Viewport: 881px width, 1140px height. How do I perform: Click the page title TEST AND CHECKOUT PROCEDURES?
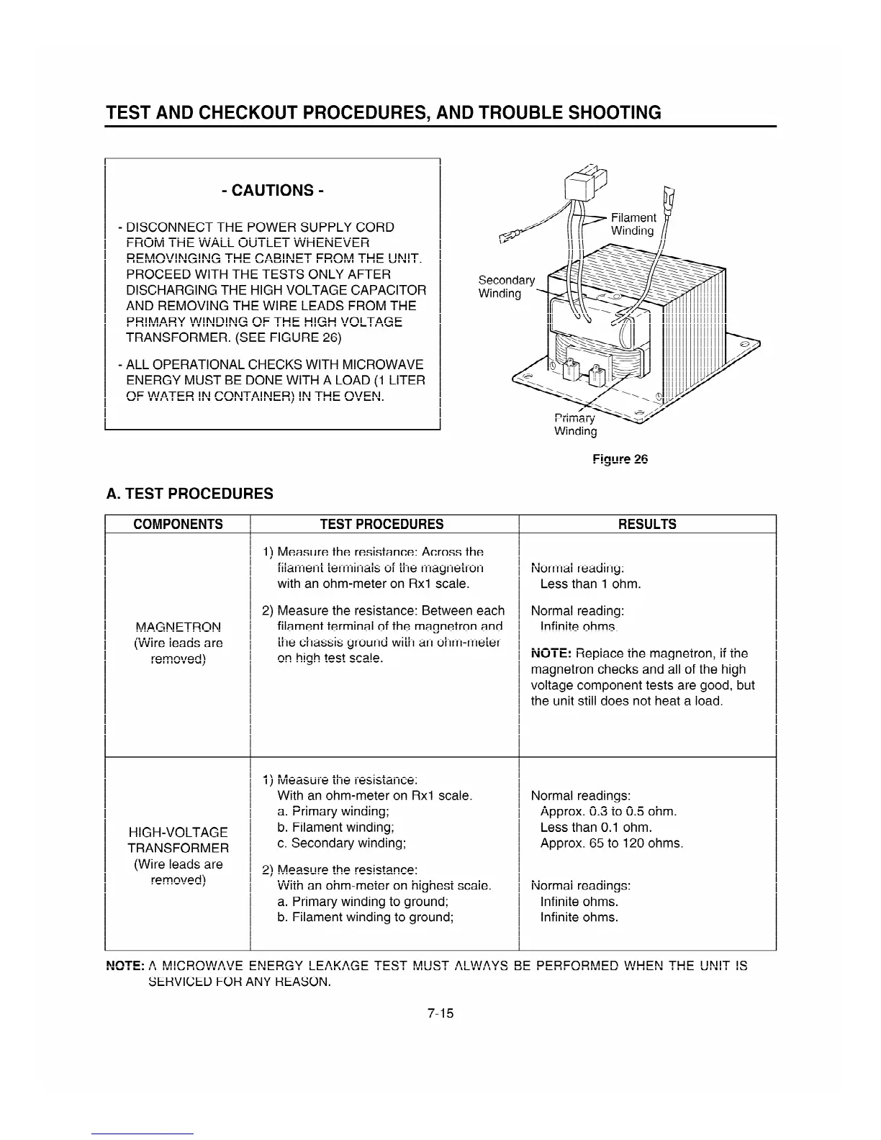tap(383, 113)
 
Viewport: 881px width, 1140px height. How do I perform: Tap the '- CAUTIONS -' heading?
tap(273, 190)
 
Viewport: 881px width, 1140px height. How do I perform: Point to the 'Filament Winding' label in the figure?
tap(633, 224)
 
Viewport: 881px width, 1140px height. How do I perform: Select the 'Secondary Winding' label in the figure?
tap(506, 286)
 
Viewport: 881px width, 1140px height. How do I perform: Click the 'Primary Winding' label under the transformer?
tap(575, 425)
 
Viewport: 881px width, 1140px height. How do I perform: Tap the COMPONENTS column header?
tap(178, 524)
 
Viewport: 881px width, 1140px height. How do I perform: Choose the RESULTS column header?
tap(647, 524)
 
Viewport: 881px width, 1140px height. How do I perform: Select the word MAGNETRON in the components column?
tap(178, 627)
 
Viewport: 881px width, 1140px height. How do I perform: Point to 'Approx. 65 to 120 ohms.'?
tap(611, 843)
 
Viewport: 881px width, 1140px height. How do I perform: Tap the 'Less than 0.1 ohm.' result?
tap(596, 827)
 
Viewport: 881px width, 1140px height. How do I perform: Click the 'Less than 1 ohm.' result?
tap(590, 584)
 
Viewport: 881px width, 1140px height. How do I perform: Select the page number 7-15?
tap(440, 1013)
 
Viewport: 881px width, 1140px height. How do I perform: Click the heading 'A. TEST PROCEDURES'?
tap(189, 494)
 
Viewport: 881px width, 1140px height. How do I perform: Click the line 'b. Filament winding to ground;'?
tap(365, 917)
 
